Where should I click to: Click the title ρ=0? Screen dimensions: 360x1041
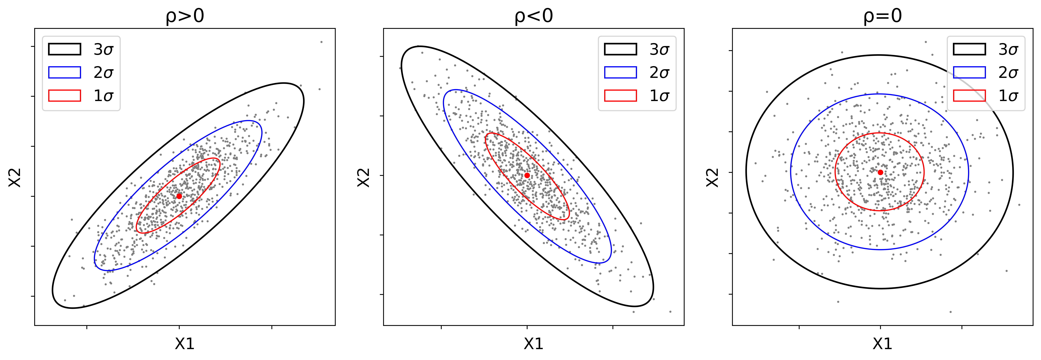(883, 16)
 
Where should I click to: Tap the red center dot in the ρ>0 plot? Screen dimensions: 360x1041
(179, 196)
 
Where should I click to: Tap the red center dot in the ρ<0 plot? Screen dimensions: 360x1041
(527, 175)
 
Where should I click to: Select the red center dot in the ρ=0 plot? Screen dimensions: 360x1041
(880, 172)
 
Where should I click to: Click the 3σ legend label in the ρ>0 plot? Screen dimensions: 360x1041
(103, 49)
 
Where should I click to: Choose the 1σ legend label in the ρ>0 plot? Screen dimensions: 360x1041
(103, 96)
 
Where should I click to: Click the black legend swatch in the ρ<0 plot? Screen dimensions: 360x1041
(620, 49)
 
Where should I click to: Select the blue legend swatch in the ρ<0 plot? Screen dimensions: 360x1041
(620, 72)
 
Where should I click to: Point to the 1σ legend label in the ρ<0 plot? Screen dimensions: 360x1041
(659, 96)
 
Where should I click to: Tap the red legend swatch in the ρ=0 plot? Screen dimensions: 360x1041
(969, 96)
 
